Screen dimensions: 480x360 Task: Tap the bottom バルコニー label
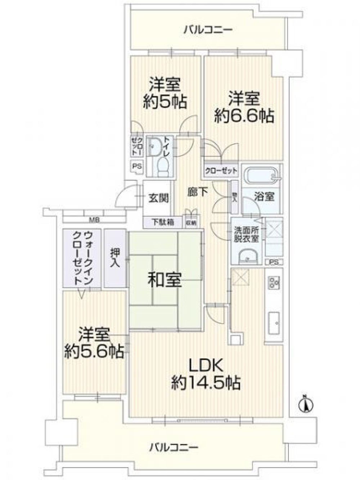click(174, 448)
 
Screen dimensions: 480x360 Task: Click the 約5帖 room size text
click(164, 103)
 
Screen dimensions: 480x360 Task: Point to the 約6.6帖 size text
click(244, 116)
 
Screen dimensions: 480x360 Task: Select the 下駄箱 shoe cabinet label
click(162, 222)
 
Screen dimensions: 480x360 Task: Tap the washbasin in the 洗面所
click(247, 256)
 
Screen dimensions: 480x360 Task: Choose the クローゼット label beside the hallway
click(221, 170)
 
